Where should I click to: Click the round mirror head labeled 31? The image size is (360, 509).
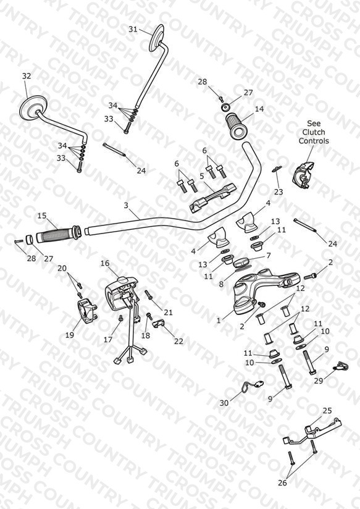[157, 38]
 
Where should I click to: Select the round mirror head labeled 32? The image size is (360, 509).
[33, 107]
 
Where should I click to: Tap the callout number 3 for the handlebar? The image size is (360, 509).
[126, 205]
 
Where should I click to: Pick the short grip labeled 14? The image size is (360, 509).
[237, 126]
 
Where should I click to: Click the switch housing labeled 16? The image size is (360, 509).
[122, 293]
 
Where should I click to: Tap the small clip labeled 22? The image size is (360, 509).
[159, 324]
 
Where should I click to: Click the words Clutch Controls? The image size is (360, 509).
[314, 137]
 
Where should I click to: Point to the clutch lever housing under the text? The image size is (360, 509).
[303, 174]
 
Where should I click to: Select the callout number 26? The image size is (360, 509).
[282, 482]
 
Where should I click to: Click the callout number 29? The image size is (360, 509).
[318, 381]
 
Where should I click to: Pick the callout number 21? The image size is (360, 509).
[168, 313]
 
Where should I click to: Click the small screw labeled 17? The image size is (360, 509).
[121, 319]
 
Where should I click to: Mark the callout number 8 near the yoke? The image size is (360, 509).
[221, 284]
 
